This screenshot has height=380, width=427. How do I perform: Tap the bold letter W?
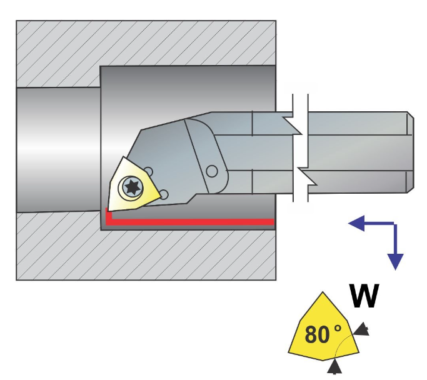coord(364,296)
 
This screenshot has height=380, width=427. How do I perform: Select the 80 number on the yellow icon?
coord(318,335)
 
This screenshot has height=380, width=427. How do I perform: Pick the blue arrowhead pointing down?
coord(395,261)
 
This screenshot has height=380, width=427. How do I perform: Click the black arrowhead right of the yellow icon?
coord(362,330)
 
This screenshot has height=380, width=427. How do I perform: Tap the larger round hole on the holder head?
coord(212,171)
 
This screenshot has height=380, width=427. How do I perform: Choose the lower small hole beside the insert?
coord(163,195)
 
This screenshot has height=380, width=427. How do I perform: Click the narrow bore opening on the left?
coord(56,150)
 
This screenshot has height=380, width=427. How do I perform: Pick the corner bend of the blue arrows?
coord(395,223)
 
